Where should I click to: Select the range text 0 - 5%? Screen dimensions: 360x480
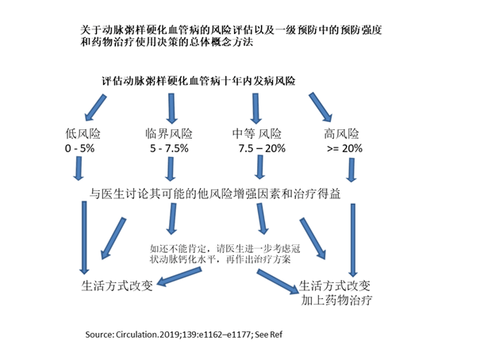click(x=80, y=148)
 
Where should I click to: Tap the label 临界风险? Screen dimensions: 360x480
click(x=169, y=132)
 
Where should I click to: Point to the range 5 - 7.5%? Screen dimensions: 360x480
click(x=168, y=148)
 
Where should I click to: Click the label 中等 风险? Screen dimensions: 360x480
click(x=258, y=132)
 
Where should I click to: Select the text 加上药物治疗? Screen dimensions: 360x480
click(x=337, y=302)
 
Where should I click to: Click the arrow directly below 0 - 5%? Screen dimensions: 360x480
click(x=80, y=169)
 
